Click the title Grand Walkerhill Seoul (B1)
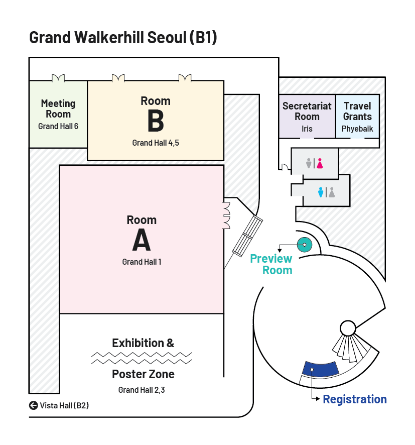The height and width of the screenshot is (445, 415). point(123,38)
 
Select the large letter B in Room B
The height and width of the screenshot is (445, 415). point(156,122)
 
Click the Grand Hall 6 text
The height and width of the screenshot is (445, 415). point(58,127)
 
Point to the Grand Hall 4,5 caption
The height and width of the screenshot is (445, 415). point(156,143)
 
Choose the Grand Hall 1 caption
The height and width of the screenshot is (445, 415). point(142,262)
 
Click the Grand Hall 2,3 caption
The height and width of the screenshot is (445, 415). point(142,390)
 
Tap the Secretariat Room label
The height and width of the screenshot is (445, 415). point(307,112)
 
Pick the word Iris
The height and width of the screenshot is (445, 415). point(307,129)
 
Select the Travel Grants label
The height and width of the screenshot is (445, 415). point(357,112)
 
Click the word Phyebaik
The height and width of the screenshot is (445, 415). point(357,129)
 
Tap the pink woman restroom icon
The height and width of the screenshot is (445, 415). point(319,163)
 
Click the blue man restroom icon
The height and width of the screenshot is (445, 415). point(321,192)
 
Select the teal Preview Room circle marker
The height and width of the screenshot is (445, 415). point(305,245)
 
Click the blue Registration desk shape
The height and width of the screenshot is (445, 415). point(320,369)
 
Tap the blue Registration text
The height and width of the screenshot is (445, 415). point(355,400)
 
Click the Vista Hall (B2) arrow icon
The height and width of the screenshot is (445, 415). point(34,405)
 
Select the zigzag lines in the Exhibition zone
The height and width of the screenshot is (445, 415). point(142,358)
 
